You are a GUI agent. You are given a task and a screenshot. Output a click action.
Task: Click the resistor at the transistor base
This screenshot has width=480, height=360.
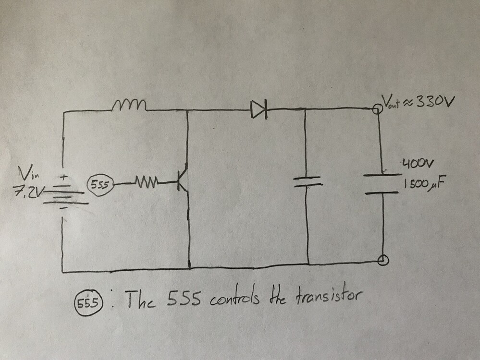(146, 183)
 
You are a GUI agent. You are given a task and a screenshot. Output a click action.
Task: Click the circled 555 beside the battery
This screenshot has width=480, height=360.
(99, 184)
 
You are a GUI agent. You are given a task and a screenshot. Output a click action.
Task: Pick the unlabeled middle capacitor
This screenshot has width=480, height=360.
(306, 181)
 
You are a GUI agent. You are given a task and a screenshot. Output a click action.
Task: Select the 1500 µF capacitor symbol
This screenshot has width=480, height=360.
(381, 183)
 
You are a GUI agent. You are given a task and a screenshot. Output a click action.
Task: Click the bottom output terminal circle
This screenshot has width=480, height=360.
(383, 260)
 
